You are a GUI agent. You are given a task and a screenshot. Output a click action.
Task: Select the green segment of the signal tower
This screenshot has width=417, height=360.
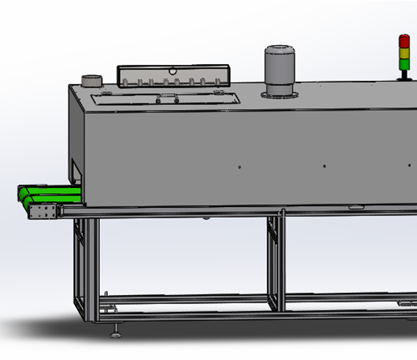404,60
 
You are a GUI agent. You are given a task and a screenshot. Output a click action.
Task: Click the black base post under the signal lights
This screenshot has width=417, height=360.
404,72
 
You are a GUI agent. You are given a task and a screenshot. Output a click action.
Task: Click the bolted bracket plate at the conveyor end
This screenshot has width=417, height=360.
42,212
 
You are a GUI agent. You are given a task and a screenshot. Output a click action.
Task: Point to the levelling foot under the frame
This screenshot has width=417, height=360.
116,333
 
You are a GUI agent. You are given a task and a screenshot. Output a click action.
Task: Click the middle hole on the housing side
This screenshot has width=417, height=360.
325,166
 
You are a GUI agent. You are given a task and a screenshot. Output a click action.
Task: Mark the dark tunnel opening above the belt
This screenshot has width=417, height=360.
75,173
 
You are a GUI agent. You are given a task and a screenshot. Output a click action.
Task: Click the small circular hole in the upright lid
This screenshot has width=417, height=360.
174,70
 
